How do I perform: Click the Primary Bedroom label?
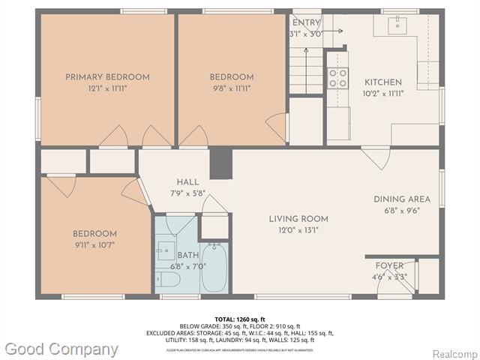coord(107,76)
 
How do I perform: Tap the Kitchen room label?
coord(383,82)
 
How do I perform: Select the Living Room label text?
coord(298,219)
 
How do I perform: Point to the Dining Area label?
coord(402,199)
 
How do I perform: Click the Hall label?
coord(187,182)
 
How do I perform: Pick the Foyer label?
coord(389,265)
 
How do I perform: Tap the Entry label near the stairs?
coord(305,23)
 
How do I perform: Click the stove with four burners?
coord(337,78)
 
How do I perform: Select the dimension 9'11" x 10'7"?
coord(94,244)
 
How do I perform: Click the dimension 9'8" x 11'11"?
coord(231,88)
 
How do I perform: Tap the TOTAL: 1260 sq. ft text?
coord(240,319)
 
